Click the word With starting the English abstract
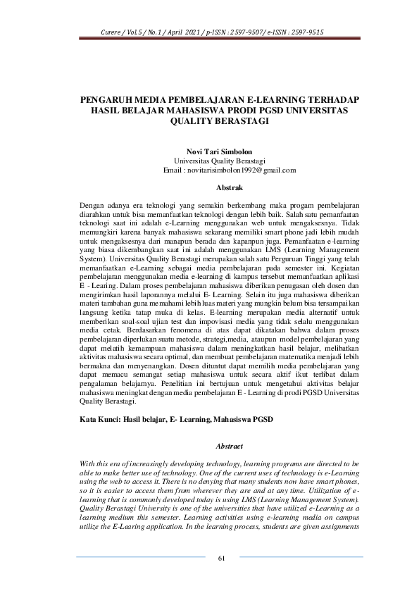89,466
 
